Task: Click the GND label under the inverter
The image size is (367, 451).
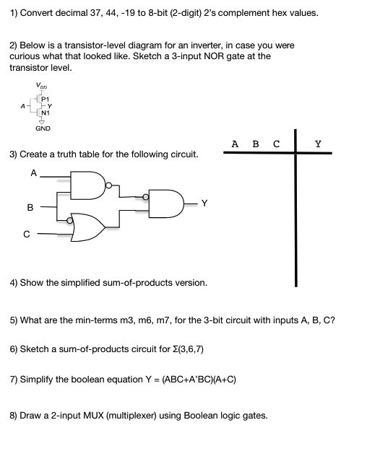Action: coord(43,129)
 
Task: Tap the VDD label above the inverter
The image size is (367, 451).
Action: coord(41,87)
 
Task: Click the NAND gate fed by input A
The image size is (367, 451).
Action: coord(89,187)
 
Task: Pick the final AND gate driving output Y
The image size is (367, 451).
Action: coord(166,204)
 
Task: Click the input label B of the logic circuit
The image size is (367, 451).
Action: coord(30,208)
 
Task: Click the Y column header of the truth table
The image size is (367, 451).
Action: coord(318,144)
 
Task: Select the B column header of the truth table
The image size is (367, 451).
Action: coord(255,144)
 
